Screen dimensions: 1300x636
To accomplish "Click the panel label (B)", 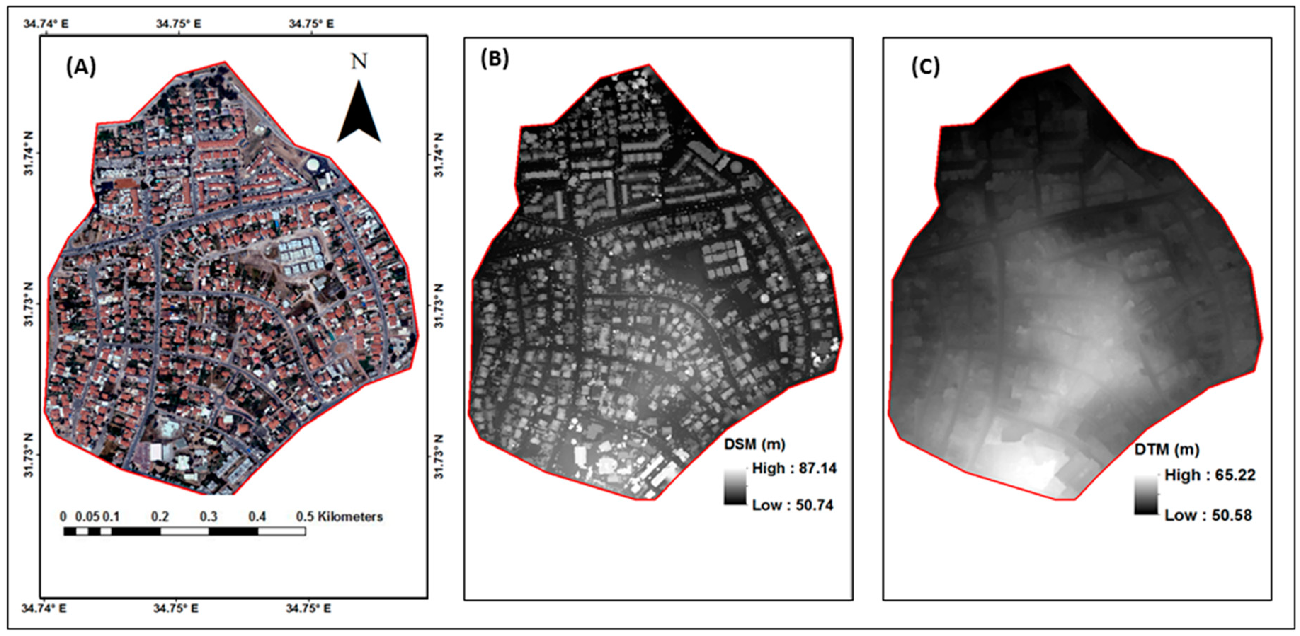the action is pyautogui.click(x=495, y=59).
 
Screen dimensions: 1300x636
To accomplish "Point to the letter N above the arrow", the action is pyautogui.click(x=359, y=62).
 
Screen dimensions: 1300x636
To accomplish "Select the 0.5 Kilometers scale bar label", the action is pyautogui.click(x=339, y=517).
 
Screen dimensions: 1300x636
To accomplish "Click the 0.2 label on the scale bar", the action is pyautogui.click(x=160, y=517).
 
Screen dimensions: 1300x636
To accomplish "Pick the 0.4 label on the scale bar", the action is pyautogui.click(x=257, y=517).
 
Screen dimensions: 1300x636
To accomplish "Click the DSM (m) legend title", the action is pyautogui.click(x=754, y=444).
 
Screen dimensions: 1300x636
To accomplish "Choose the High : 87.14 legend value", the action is pyautogui.click(x=794, y=469).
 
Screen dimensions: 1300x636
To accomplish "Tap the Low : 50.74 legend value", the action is pyautogui.click(x=792, y=505).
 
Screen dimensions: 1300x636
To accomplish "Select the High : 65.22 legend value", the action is pyautogui.click(x=1210, y=475).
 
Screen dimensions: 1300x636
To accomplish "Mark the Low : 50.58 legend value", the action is pyautogui.click(x=1208, y=515).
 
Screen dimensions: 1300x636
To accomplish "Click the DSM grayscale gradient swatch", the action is pyautogui.click(x=734, y=487).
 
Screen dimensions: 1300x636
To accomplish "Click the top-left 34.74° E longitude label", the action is pyautogui.click(x=45, y=24).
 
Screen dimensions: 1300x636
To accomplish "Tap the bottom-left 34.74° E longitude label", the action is pyautogui.click(x=44, y=609).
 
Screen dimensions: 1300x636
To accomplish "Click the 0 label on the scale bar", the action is pyautogui.click(x=63, y=517).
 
